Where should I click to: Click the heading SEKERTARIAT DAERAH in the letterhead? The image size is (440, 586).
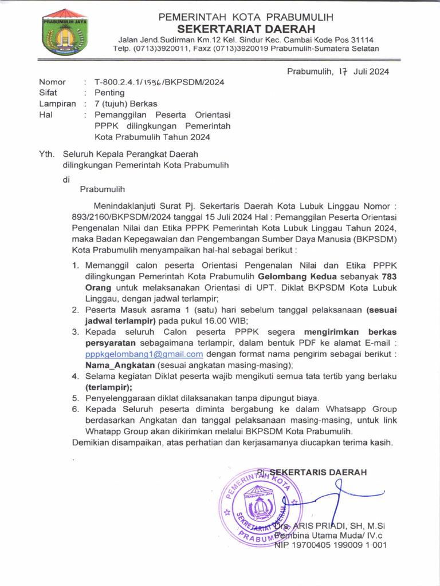coord(246,29)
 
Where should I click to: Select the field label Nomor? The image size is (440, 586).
coord(52,82)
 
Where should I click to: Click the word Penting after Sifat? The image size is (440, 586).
coord(109,93)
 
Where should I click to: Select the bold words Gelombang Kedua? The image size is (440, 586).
coord(293,276)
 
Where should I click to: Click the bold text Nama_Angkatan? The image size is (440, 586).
coord(120,365)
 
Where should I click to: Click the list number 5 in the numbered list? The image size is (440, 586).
coord(74,398)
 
